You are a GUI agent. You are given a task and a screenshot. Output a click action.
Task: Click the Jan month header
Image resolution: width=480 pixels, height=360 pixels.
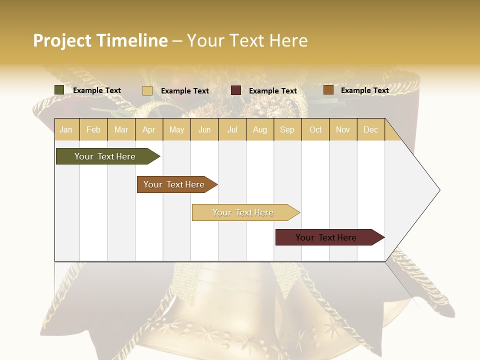coord(66,129)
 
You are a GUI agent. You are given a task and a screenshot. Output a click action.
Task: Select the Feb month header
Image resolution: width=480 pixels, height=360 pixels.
coord(93,129)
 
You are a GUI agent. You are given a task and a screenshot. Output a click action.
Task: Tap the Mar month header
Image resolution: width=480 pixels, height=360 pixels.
coord(121,129)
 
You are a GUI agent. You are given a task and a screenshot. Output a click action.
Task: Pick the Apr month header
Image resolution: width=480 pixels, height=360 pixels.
coord(149,129)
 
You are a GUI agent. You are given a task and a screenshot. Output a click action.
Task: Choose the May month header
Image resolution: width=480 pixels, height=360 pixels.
coord(176,129)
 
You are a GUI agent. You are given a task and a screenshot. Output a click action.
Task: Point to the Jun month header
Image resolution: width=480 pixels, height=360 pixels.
coord(204,129)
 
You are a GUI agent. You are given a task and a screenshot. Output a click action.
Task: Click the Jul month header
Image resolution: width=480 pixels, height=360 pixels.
coord(232,129)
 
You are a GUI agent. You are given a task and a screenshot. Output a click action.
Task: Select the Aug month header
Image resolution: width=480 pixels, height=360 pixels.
coord(260,129)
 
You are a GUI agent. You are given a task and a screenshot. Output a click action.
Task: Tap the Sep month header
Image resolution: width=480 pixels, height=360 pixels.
coord(287,129)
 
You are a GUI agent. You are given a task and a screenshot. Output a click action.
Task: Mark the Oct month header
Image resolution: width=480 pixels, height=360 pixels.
coord(315,129)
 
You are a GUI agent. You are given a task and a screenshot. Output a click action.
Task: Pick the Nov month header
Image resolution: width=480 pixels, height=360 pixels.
coord(343,129)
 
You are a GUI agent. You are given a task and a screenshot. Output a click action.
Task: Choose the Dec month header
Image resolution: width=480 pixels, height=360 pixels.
coord(370,129)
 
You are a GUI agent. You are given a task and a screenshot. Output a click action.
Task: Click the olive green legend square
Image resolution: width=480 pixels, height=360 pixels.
coord(59,90)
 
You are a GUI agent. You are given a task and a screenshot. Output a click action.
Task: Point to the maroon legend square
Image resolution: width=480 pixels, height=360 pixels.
coord(236,90)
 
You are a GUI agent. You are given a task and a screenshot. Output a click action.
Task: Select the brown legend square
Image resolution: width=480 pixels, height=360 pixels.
coord(328,90)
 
